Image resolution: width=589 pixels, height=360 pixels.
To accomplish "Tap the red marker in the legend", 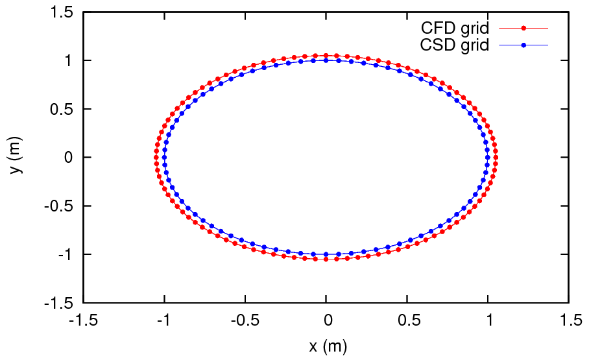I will [523, 29].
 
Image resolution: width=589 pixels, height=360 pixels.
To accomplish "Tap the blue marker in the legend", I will [523, 45].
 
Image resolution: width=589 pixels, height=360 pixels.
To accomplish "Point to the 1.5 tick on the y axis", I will [63, 12].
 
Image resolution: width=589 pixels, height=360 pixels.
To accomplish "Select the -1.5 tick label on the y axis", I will [60, 303].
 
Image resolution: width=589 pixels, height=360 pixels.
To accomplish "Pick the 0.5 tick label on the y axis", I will [63, 109].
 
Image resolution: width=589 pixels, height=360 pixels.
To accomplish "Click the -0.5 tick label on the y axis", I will [60, 206].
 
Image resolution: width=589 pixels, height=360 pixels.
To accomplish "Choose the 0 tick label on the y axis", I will [70, 158].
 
